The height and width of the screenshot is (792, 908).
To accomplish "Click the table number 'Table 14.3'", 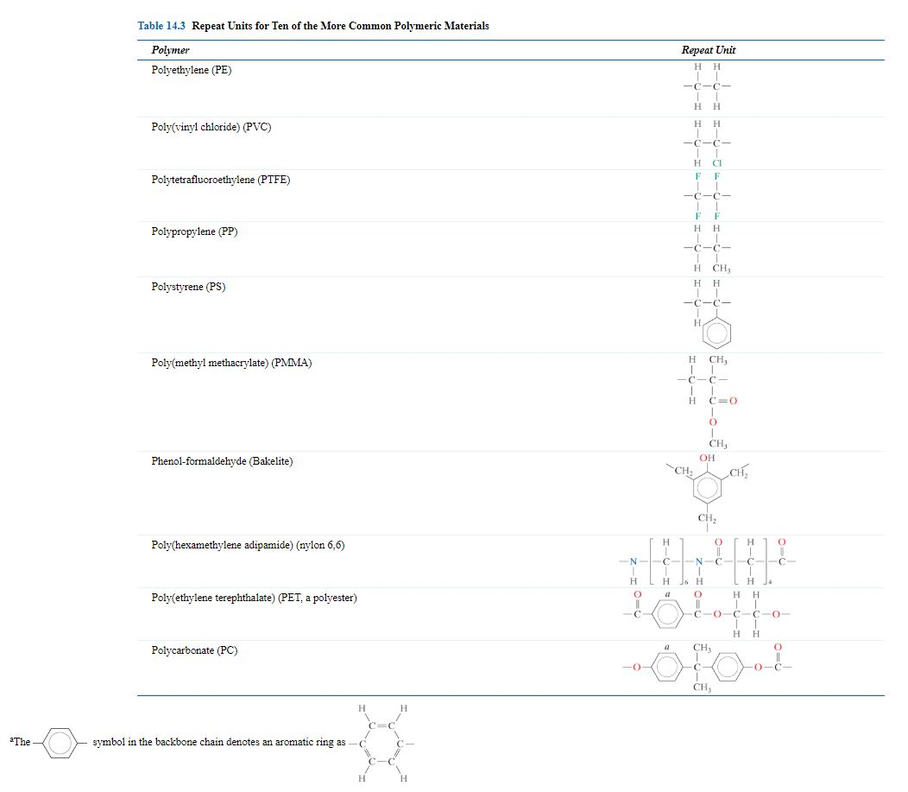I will click(161, 26).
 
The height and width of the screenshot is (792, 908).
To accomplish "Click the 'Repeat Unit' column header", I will click(708, 50).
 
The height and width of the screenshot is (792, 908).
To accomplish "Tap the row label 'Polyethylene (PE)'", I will click(191, 70).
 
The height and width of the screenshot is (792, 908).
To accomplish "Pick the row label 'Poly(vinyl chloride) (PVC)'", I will click(211, 127).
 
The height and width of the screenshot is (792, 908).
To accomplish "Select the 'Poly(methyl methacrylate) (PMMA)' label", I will click(230, 363).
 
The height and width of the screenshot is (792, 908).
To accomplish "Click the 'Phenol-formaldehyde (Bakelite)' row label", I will click(222, 461).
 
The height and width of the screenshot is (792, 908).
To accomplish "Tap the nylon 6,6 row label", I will click(249, 545).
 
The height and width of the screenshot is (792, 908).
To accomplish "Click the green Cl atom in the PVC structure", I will click(716, 163).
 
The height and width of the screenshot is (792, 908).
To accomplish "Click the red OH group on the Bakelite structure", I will click(707, 458).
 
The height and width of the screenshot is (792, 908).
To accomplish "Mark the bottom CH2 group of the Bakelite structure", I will click(707, 518).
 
